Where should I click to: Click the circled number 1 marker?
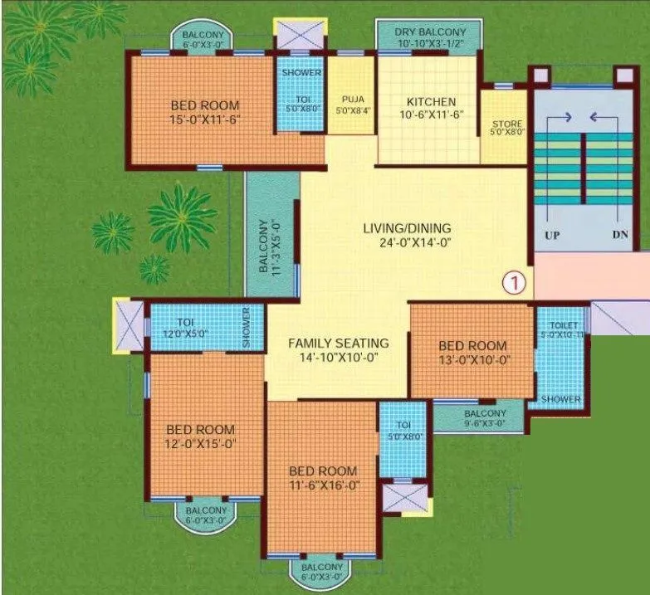[x=516, y=282]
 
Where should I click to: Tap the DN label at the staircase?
[x=620, y=235]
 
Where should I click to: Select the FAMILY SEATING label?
[x=338, y=343]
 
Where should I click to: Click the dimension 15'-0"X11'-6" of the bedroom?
[x=205, y=120]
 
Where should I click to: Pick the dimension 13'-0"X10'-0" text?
[x=472, y=360]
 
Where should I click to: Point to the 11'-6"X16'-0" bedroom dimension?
[x=319, y=485]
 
